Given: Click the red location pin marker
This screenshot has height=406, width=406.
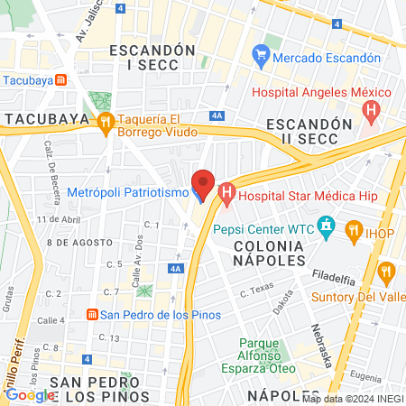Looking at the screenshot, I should click(203, 183).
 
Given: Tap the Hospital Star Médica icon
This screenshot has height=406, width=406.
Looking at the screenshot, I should click(226, 192).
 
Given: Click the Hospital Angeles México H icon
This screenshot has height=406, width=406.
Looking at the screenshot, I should click(370, 111).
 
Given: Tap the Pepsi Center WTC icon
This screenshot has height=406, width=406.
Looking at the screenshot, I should click(326, 226).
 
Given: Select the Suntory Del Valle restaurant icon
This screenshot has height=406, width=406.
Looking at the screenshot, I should click(388, 269).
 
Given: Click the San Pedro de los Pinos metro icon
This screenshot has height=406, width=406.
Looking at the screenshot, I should click(91, 314).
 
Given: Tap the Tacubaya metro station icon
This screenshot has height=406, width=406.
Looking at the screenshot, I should click(60, 78).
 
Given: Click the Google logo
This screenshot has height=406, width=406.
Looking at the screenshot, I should click(30, 394).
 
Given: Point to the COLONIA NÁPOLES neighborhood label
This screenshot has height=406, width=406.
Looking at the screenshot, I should click(271, 253).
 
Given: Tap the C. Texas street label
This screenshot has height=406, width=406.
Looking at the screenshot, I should click(257, 291).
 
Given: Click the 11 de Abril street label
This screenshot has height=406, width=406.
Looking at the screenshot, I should click(59, 219).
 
